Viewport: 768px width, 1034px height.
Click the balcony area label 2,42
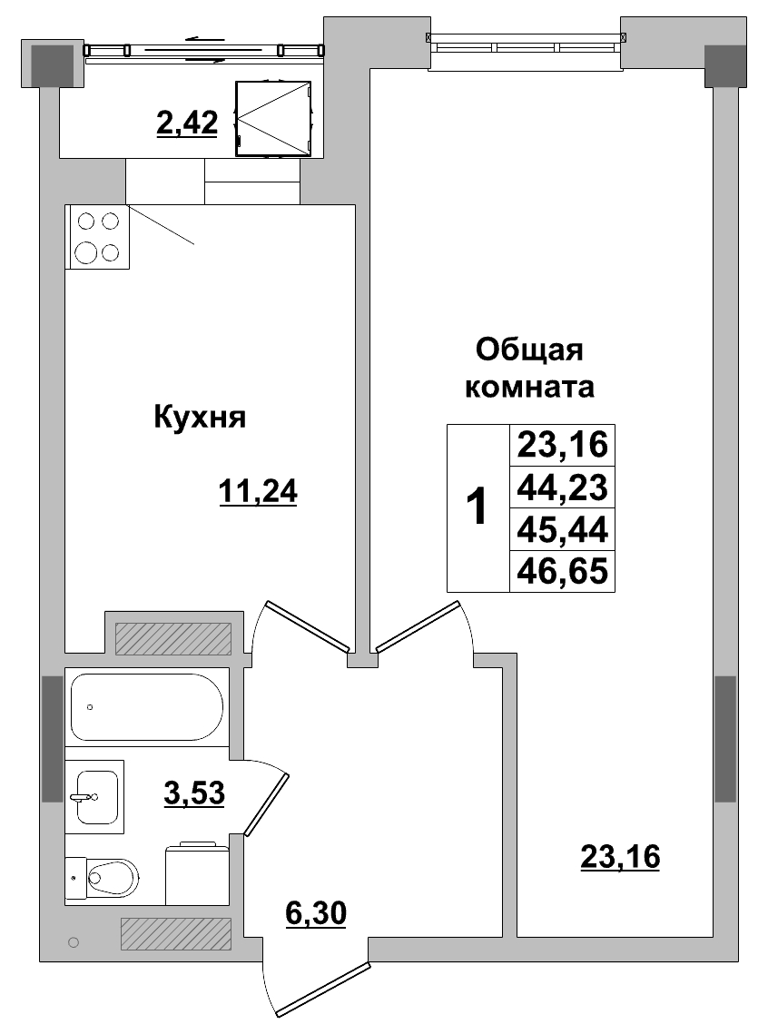click(187, 123)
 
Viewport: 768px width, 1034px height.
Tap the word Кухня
click(200, 418)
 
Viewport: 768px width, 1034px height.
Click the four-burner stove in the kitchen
click(97, 237)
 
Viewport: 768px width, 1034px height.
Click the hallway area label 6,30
click(315, 913)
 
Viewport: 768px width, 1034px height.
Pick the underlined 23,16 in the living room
click(619, 855)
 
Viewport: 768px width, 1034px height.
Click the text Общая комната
click(529, 369)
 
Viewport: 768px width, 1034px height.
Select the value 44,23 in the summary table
click(562, 487)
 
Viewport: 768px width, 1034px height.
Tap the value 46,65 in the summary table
click(562, 571)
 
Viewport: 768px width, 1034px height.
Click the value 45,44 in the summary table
click(562, 529)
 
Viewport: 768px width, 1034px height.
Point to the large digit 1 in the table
click(477, 508)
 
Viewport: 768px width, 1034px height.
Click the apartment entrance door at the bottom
click(322, 988)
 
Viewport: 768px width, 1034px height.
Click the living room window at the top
click(527, 40)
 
